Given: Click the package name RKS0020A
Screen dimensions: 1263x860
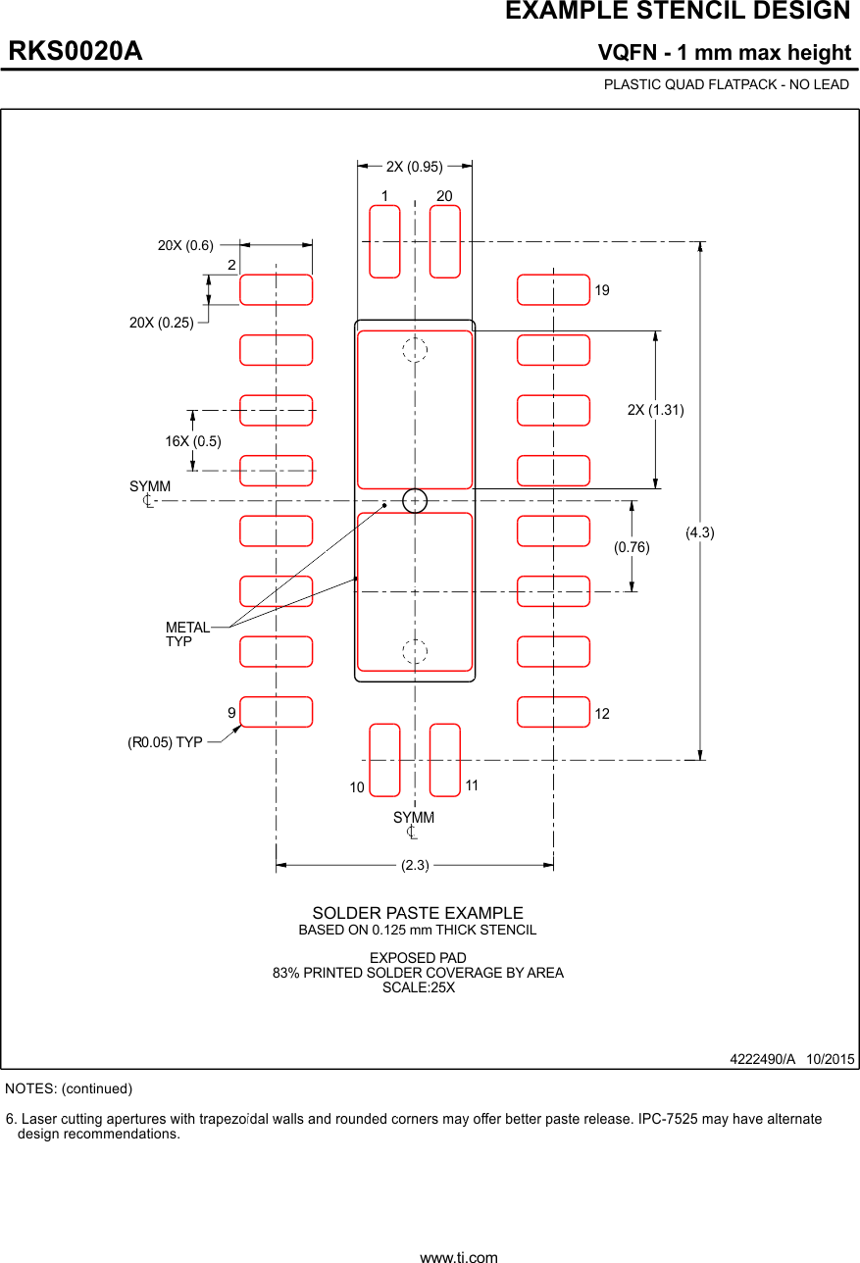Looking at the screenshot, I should [76, 52].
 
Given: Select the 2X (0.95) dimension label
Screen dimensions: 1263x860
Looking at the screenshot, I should [414, 167].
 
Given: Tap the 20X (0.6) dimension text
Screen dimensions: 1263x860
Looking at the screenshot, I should [185, 245].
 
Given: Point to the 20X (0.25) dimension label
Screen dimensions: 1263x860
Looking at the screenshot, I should [162, 322].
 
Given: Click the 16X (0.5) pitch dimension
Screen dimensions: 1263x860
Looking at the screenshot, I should [193, 441].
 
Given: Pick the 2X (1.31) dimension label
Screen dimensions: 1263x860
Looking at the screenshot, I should [655, 410].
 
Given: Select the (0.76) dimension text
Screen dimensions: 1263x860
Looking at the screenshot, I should [632, 548].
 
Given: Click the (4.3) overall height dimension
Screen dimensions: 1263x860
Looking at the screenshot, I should [699, 532].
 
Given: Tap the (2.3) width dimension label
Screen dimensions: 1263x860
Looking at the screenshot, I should [415, 866].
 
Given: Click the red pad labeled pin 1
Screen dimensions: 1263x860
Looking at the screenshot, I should [384, 241].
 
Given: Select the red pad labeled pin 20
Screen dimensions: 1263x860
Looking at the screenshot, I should [445, 241].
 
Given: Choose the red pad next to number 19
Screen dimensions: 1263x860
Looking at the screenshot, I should [553, 290].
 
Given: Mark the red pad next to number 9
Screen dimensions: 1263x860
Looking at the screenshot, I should [277, 712].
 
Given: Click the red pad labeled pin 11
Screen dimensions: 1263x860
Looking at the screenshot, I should [445, 760].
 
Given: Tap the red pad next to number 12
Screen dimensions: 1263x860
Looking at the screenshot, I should [553, 712].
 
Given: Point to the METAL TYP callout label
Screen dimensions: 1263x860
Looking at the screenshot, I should [186, 634].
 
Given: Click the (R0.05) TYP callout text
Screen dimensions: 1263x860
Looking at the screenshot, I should [165, 742].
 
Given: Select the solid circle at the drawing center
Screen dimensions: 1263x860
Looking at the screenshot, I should [415, 500].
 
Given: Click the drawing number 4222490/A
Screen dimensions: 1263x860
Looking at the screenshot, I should [762, 1060].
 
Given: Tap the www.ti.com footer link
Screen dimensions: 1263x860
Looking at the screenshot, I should [458, 1256].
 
